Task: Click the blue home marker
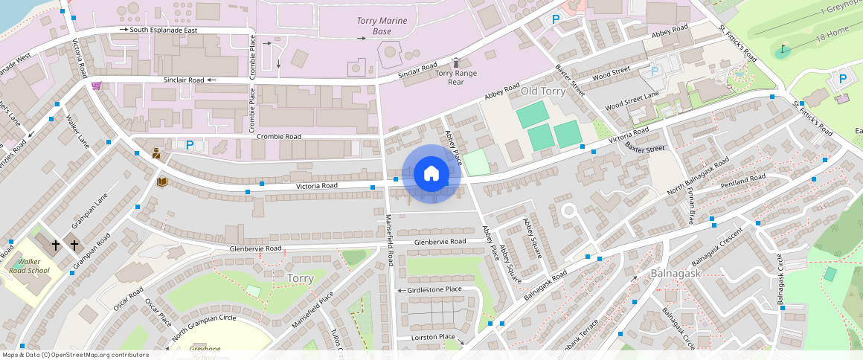pyautogui.click(x=431, y=174)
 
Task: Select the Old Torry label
pyautogui.click(x=544, y=91)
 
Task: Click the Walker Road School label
pyautogui.click(x=30, y=266)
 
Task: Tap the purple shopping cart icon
pyautogui.click(x=96, y=86)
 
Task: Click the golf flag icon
pyautogui.click(x=782, y=51)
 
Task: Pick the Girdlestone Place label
pyautogui.click(x=434, y=289)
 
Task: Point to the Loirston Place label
pyautogui.click(x=433, y=337)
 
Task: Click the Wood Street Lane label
pyautogui.click(x=632, y=102)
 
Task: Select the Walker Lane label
pyautogui.click(x=77, y=131)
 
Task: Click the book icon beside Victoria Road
pyautogui.click(x=161, y=181)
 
